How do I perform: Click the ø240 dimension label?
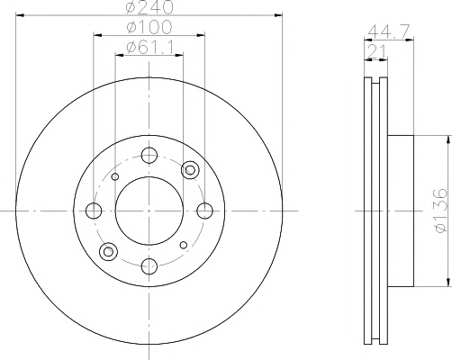point(149,6)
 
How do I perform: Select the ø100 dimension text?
point(149,27)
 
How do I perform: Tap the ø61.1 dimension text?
point(150,47)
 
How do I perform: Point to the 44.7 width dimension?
point(389,31)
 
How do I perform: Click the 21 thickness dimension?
point(376,51)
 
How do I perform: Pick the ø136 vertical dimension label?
point(441,211)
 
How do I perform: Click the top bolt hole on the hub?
point(149,156)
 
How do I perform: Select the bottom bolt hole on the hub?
point(149,266)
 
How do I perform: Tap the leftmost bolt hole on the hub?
point(94,211)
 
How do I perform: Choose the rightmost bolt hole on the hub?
point(204,211)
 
